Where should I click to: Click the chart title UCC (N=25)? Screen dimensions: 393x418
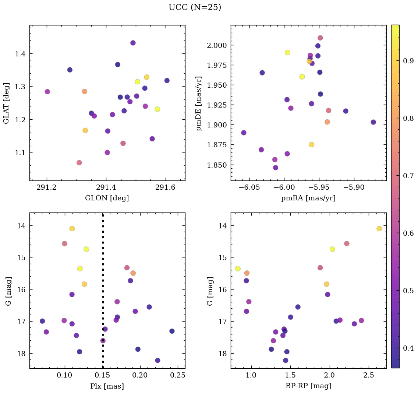(195, 7)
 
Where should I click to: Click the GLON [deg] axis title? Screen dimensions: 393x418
(107, 198)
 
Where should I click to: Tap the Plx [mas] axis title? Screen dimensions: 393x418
(107, 386)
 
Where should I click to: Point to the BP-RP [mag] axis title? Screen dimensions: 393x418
(308, 386)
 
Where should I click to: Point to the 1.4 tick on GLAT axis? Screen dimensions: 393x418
(20, 54)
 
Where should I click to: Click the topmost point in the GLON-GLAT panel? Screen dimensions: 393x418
(133, 43)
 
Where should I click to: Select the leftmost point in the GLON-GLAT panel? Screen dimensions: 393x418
(47, 92)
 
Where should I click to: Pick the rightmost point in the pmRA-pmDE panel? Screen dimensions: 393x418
(373, 122)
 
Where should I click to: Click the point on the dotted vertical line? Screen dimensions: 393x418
(103, 340)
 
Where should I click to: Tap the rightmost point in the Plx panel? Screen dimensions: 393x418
(172, 331)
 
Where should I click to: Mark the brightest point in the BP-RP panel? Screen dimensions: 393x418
(379, 229)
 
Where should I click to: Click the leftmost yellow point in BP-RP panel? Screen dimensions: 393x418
(238, 269)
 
